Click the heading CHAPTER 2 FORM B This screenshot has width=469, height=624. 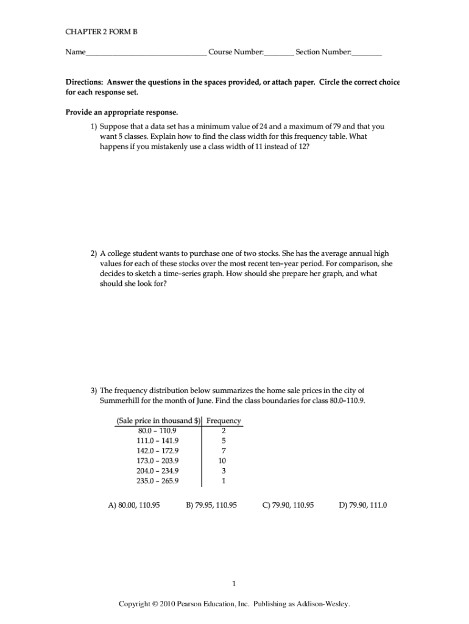[97, 32]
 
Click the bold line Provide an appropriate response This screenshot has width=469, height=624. [122, 112]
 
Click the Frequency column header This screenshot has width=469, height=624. [224, 420]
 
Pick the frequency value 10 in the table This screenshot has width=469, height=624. [222, 461]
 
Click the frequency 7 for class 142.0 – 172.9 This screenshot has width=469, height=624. [224, 451]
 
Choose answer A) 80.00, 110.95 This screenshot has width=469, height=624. [134, 505]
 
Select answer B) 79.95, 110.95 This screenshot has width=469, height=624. [211, 505]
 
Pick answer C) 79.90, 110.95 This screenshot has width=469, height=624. [288, 505]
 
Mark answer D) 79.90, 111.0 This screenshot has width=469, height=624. [363, 505]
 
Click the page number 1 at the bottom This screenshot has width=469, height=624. [234, 584]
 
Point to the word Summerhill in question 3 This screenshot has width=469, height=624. [121, 400]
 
